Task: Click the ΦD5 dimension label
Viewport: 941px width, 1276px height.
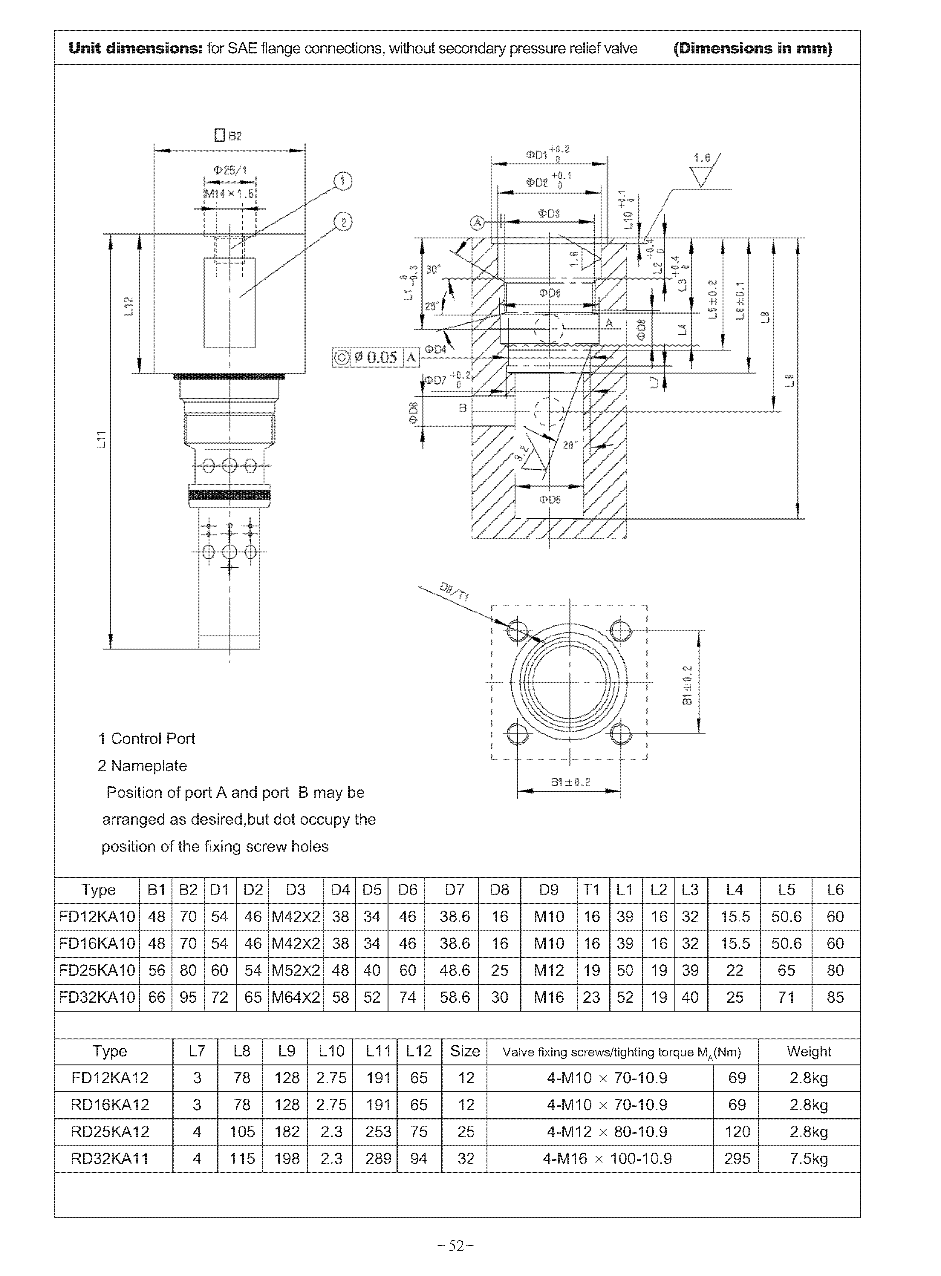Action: point(550,499)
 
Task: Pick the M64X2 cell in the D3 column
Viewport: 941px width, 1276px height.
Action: point(296,997)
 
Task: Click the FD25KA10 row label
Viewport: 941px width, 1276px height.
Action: point(97,970)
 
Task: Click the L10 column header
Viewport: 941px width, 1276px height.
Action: point(331,1051)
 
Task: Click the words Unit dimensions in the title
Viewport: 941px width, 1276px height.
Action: point(136,48)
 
